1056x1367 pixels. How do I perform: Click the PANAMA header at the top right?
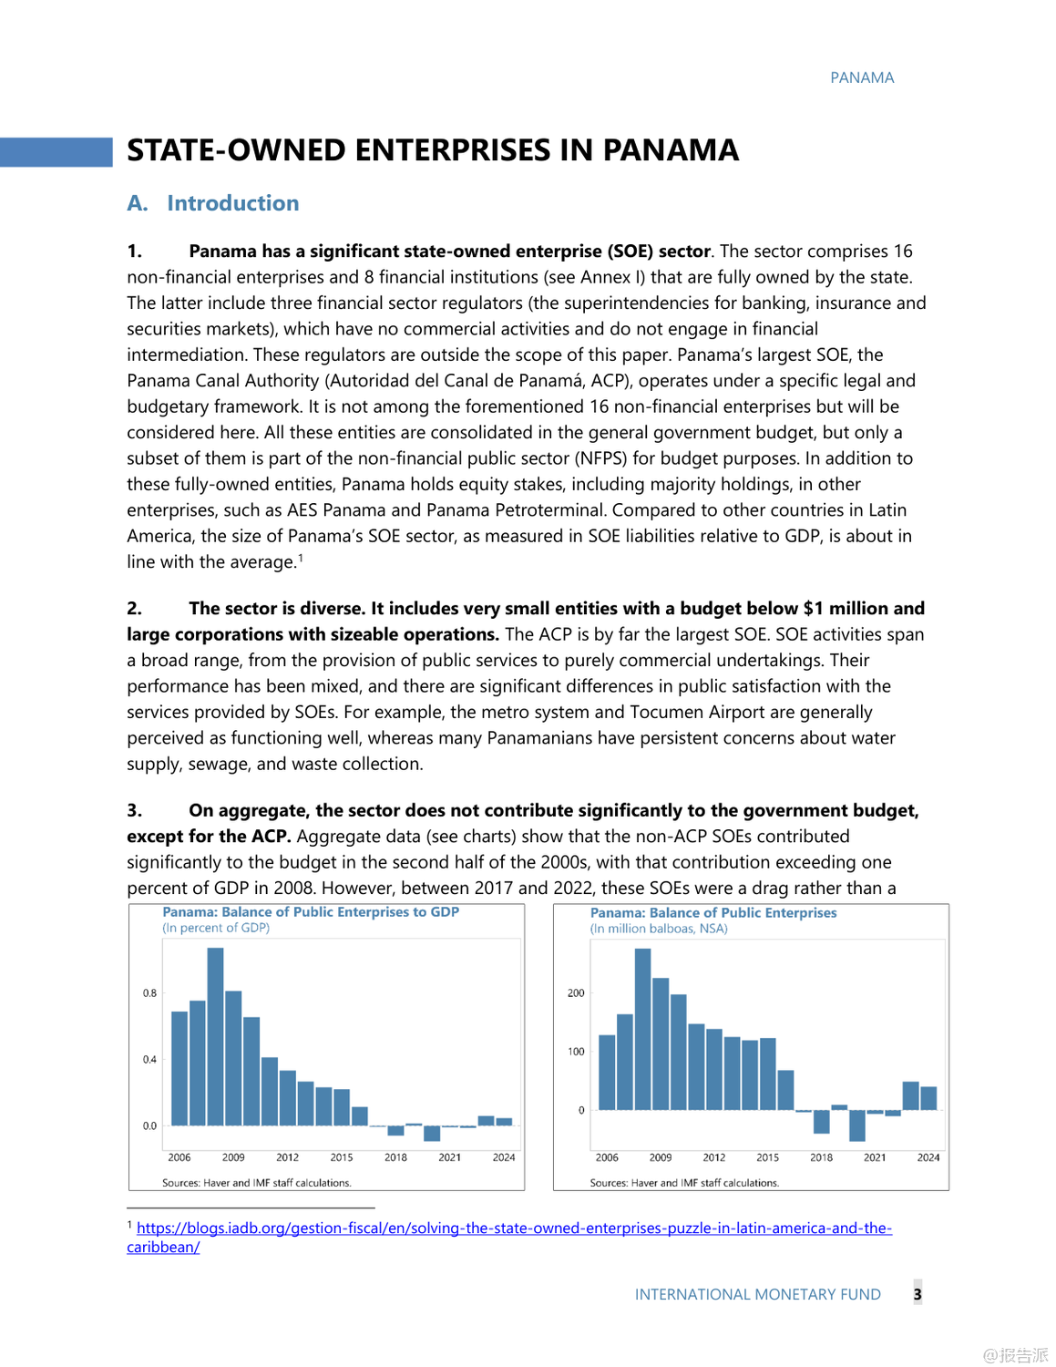(862, 77)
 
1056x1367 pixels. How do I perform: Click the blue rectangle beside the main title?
(56, 151)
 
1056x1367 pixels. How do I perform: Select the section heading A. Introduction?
(213, 203)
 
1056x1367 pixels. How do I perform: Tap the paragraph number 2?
(134, 608)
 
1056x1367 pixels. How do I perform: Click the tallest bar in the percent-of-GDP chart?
(215, 1036)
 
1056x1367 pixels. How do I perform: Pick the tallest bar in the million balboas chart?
(642, 1029)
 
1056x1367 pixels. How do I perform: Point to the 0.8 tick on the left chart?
(149, 992)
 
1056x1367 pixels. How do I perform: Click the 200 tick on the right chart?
(576, 992)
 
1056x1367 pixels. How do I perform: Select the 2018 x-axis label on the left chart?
(395, 1157)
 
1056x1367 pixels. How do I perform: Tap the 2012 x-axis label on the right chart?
(714, 1157)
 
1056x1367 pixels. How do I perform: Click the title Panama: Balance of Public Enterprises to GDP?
(311, 911)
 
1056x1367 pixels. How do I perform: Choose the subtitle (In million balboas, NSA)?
(659, 928)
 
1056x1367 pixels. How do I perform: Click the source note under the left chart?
(256, 1183)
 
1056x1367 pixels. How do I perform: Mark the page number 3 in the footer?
(918, 1293)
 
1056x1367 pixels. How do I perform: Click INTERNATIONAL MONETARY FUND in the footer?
(757, 1294)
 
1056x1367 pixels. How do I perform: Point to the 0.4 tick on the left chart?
(149, 1059)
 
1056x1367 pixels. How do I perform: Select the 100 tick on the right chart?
(576, 1052)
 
